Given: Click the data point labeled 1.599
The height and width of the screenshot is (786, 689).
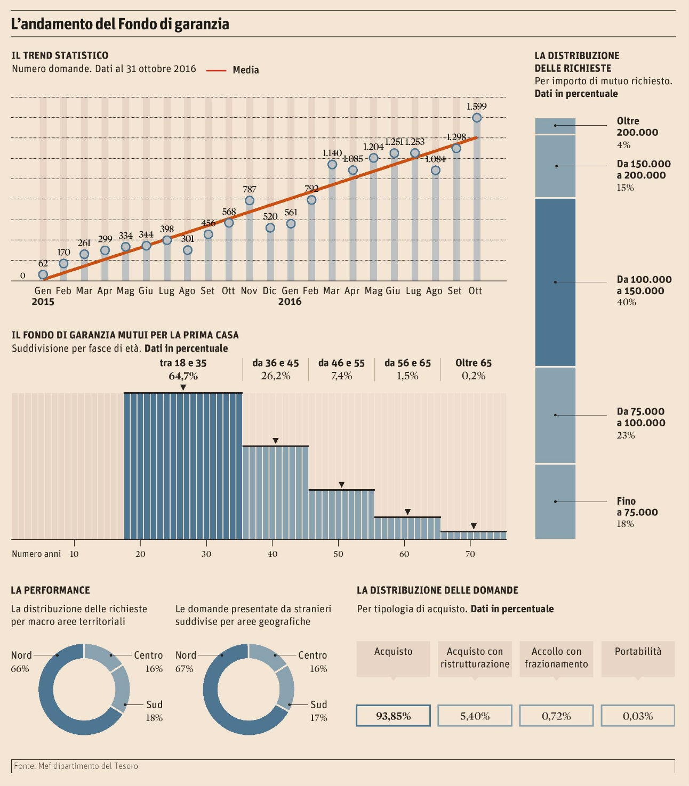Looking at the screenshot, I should pos(477,118).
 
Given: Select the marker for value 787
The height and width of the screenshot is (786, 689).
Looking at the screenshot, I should pos(249,200).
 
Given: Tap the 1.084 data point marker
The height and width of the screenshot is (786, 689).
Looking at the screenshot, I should pos(436,171).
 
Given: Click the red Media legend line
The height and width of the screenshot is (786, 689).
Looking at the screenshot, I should pos(217,70).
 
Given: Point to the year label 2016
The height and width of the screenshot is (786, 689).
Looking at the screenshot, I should pos(290,302).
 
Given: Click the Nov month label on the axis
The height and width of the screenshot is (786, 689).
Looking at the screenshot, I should pos(249,290).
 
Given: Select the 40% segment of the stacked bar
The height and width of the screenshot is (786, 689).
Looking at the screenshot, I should pos(555,282).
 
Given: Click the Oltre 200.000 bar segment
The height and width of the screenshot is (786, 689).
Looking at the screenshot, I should pos(555,126).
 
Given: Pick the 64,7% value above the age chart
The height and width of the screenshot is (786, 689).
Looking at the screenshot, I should pos(183,376).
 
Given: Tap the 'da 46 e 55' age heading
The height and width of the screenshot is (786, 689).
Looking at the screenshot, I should pos(341,363).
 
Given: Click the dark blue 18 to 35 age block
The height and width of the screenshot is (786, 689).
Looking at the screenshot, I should pos(183,466).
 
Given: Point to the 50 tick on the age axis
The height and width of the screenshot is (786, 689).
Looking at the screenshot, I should pos(339,554).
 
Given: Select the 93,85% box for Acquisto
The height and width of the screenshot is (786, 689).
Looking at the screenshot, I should pos(393,716).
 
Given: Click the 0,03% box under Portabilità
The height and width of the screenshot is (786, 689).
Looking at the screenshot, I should pos(638,716).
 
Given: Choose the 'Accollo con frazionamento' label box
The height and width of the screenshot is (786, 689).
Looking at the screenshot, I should pos(556,658).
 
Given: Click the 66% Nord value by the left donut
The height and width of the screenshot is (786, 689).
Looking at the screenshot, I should pos(20,669).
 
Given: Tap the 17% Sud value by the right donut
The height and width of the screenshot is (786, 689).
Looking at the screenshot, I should pos(318,718).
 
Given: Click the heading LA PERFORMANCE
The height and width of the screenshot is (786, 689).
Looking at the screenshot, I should pos(50,590).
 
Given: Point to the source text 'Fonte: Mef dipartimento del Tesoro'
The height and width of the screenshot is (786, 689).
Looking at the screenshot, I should pos(76,766).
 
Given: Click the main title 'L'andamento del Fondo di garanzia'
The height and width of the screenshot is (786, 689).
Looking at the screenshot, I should pos(121,24).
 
